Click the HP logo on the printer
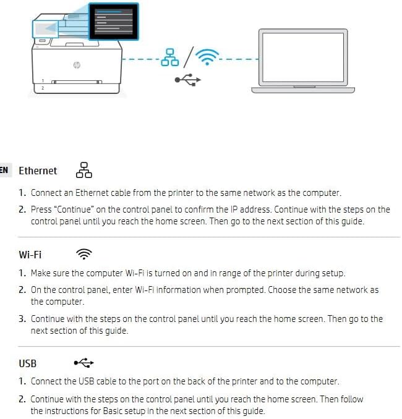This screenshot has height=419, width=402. pos(77,66)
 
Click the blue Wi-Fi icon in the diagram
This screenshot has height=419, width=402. pos(207,57)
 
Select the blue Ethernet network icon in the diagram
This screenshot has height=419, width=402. pos(169,57)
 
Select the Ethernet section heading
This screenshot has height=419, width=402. pos(38,171)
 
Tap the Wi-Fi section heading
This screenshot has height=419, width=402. pos(30,254)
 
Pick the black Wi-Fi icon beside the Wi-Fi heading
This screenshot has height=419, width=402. pos(83,254)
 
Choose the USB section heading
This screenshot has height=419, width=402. pos(28,363)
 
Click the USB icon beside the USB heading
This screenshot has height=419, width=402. pos(83,363)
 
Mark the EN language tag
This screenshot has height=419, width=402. pos(4,171)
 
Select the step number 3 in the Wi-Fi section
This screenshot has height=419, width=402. pos(22,319)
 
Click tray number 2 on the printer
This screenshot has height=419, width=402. pos(42,88)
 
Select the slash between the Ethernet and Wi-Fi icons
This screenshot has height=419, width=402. pos(187,57)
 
